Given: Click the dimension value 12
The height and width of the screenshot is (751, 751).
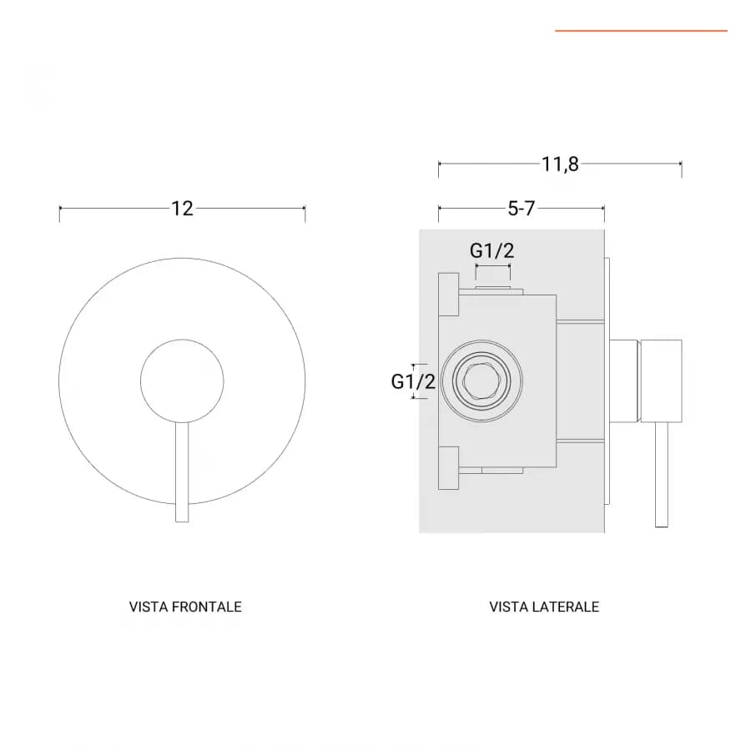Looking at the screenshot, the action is [x=183, y=209].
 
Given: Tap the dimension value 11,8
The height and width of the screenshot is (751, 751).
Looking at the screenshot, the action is [x=560, y=164].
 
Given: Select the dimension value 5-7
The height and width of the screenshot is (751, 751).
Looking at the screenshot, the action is [x=521, y=209].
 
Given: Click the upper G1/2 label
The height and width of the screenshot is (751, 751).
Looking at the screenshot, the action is [x=491, y=250].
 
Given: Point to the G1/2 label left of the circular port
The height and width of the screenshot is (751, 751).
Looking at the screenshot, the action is [x=413, y=381].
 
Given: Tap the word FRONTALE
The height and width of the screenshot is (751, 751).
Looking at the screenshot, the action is [x=206, y=607].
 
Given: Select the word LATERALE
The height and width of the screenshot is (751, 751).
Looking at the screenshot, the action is [x=564, y=607].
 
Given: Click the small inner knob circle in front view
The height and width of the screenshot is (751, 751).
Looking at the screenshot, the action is [x=182, y=340].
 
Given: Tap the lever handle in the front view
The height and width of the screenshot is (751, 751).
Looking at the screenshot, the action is [x=182, y=471].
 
